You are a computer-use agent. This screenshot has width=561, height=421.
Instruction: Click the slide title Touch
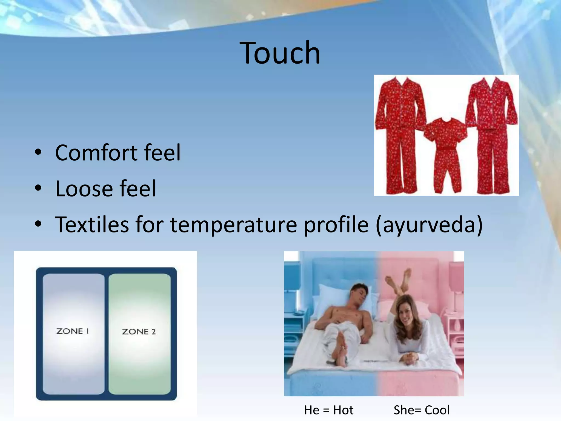point(280,53)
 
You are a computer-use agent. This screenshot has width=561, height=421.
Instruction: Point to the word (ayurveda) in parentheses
point(429,225)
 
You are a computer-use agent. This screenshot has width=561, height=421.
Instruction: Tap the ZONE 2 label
point(139,332)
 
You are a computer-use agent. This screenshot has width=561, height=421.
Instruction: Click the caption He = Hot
point(329,410)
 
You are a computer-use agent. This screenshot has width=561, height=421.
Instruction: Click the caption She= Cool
point(422,410)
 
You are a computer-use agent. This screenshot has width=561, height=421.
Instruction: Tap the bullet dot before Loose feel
point(38,189)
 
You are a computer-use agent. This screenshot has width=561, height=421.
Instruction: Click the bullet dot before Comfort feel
point(38,152)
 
